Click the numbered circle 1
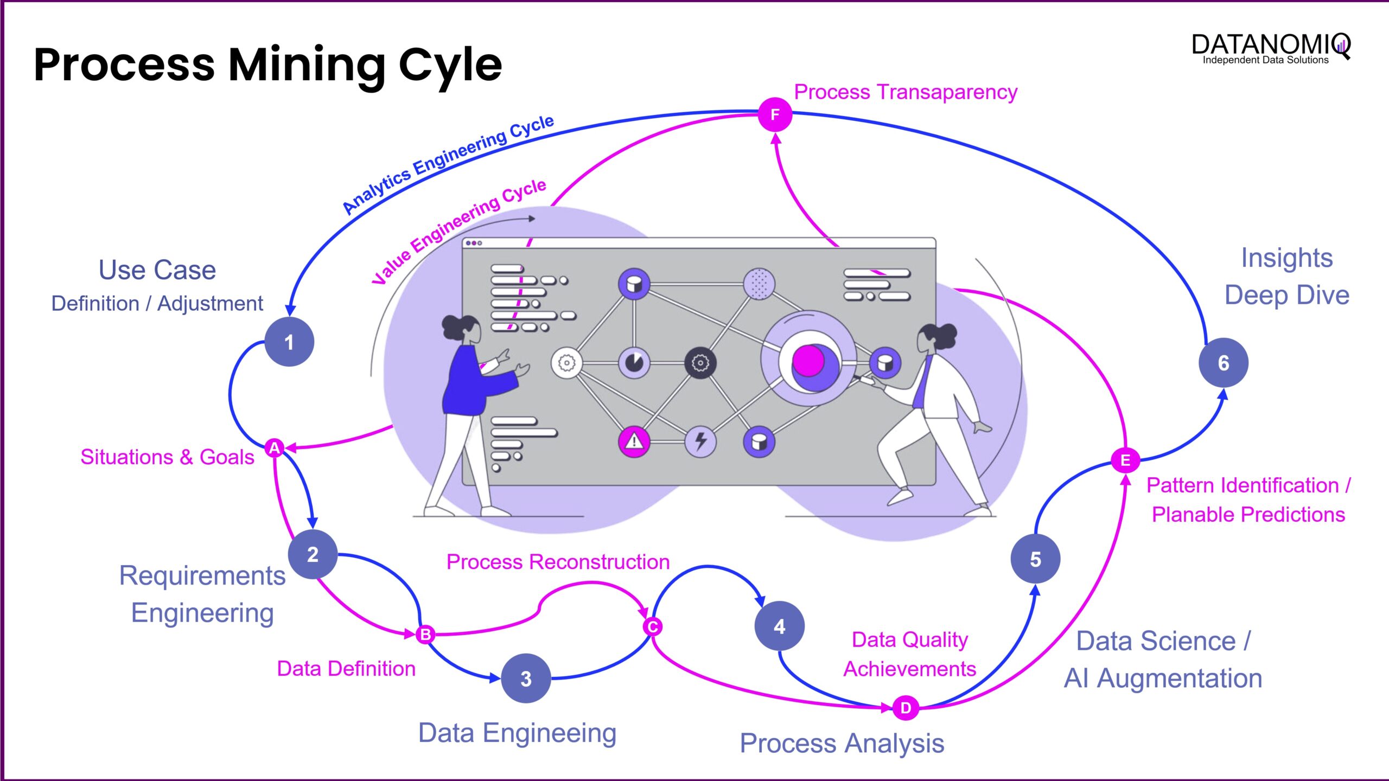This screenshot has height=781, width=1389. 289,342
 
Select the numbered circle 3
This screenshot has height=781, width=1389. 526,678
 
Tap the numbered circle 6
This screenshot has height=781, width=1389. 1224,362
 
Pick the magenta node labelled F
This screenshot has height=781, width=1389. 775,114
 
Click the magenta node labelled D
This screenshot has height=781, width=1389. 906,708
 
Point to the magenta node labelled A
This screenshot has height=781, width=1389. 275,448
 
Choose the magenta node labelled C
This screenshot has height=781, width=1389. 653,627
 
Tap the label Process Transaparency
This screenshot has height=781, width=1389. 906,92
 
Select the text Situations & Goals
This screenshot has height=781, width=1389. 167,457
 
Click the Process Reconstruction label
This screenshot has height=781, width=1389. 558,561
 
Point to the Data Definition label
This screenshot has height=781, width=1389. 346,668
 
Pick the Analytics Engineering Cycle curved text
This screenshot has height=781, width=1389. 448,164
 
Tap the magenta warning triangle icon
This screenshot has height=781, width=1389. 634,441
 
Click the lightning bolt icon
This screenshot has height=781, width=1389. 700,441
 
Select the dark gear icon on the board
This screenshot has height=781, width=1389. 700,362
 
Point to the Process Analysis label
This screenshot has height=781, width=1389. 842,743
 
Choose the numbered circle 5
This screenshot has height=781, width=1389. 1035,559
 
